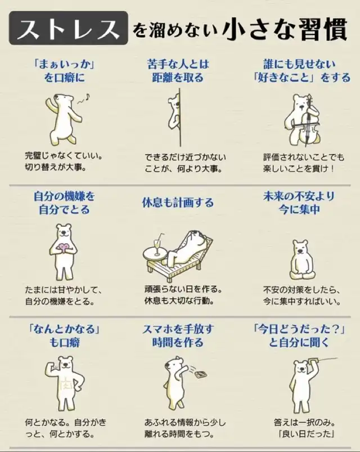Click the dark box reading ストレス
click(69, 28)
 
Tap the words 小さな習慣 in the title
click(285, 30)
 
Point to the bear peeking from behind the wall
click(174, 113)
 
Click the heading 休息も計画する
click(178, 203)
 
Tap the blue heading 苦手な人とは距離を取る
click(178, 70)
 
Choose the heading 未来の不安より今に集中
click(299, 203)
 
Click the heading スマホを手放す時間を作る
click(178, 335)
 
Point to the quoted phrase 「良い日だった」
click(306, 433)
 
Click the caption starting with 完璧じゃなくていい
click(64, 162)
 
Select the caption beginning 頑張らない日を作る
click(183, 295)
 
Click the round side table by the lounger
click(155, 254)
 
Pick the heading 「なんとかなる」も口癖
click(64, 335)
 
